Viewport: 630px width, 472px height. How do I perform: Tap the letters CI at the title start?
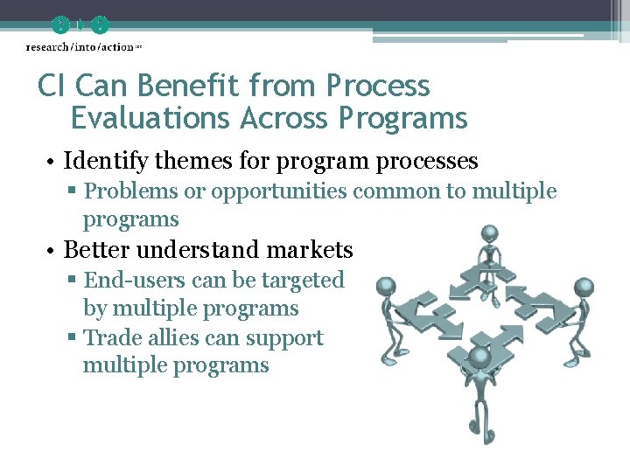(52, 86)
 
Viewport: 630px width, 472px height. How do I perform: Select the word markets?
(310, 250)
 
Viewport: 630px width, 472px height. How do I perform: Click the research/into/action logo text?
(80, 46)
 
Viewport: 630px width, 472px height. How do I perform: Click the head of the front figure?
(478, 356)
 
